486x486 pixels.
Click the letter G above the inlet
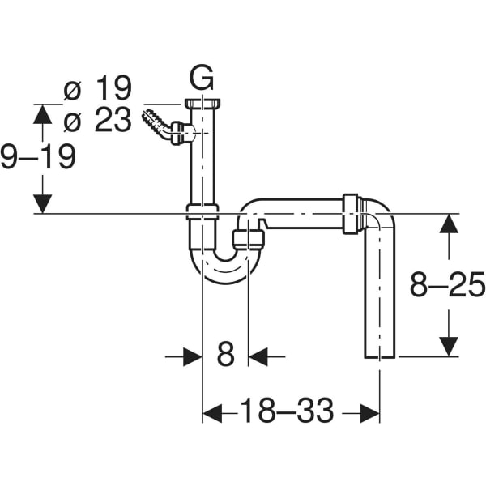click(202, 79)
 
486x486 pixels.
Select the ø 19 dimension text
click(98, 88)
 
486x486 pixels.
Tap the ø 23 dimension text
click(98, 121)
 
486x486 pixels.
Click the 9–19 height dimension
click(38, 156)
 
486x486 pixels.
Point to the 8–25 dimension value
click(446, 285)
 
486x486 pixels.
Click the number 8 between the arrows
click(225, 355)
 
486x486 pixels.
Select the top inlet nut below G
click(202, 104)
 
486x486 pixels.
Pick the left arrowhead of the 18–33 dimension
click(211, 413)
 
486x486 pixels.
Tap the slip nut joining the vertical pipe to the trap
click(202, 212)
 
